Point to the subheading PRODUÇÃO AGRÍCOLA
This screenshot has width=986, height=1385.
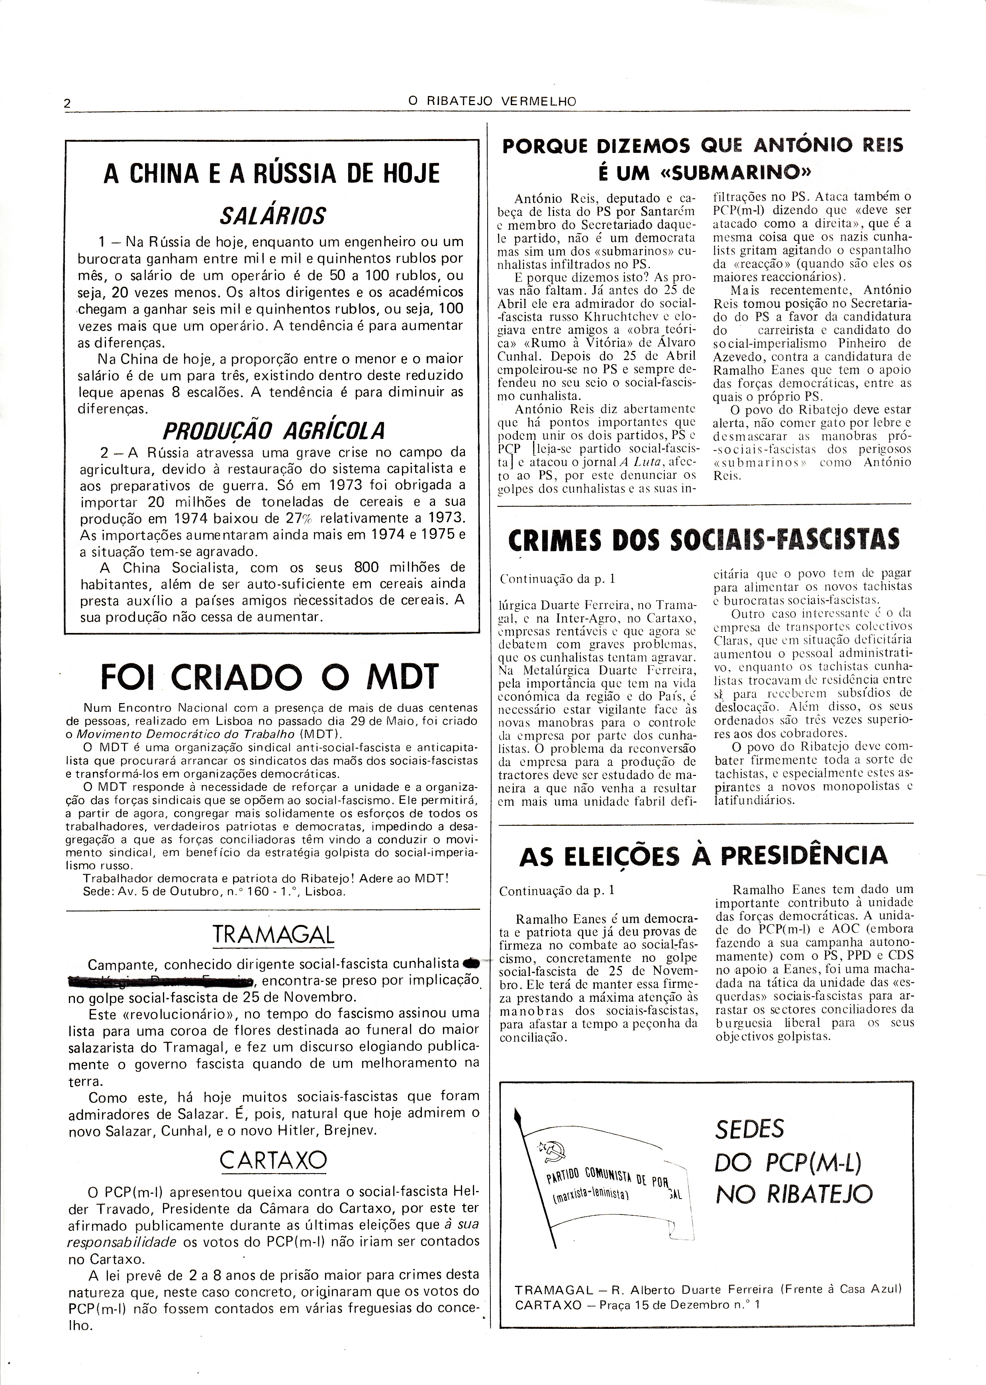(x=274, y=431)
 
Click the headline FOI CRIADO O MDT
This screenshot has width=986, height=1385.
(x=269, y=676)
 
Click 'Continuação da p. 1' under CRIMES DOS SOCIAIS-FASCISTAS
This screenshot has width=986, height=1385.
(x=557, y=579)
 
